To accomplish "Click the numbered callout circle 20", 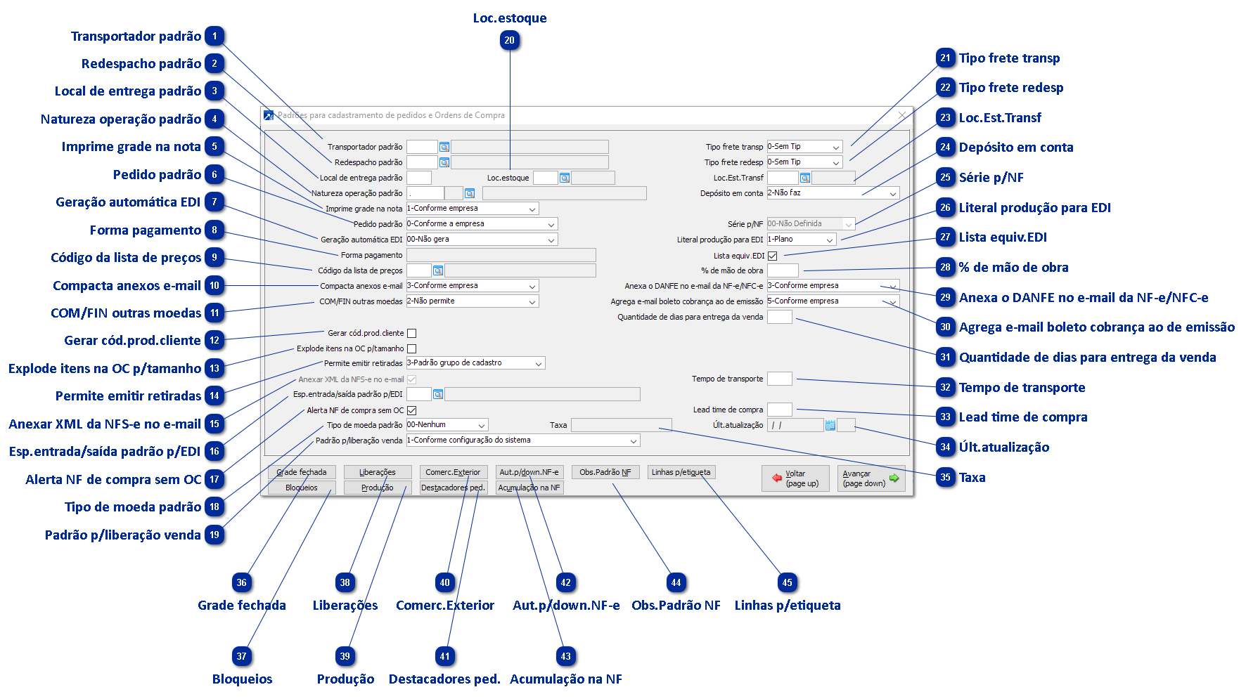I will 509,41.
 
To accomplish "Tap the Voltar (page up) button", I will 795,478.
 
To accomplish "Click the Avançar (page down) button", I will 871,478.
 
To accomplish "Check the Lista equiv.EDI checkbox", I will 772,256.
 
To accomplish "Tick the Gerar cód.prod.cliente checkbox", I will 412,334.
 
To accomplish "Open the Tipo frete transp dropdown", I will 804,147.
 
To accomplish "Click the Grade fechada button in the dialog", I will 302,472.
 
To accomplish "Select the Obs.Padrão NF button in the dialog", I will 605,472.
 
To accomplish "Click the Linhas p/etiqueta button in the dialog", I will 681,472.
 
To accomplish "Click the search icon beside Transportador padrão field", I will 444,147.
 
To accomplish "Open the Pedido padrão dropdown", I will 482,224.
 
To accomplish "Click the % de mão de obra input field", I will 783,270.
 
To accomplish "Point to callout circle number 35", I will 945,478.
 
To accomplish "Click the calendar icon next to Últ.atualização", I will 830,425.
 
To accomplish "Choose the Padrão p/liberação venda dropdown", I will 522,440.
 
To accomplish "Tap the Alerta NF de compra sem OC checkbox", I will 412,410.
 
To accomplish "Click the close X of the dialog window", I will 902,115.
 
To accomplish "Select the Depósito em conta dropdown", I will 833,193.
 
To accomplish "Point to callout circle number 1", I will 214,37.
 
